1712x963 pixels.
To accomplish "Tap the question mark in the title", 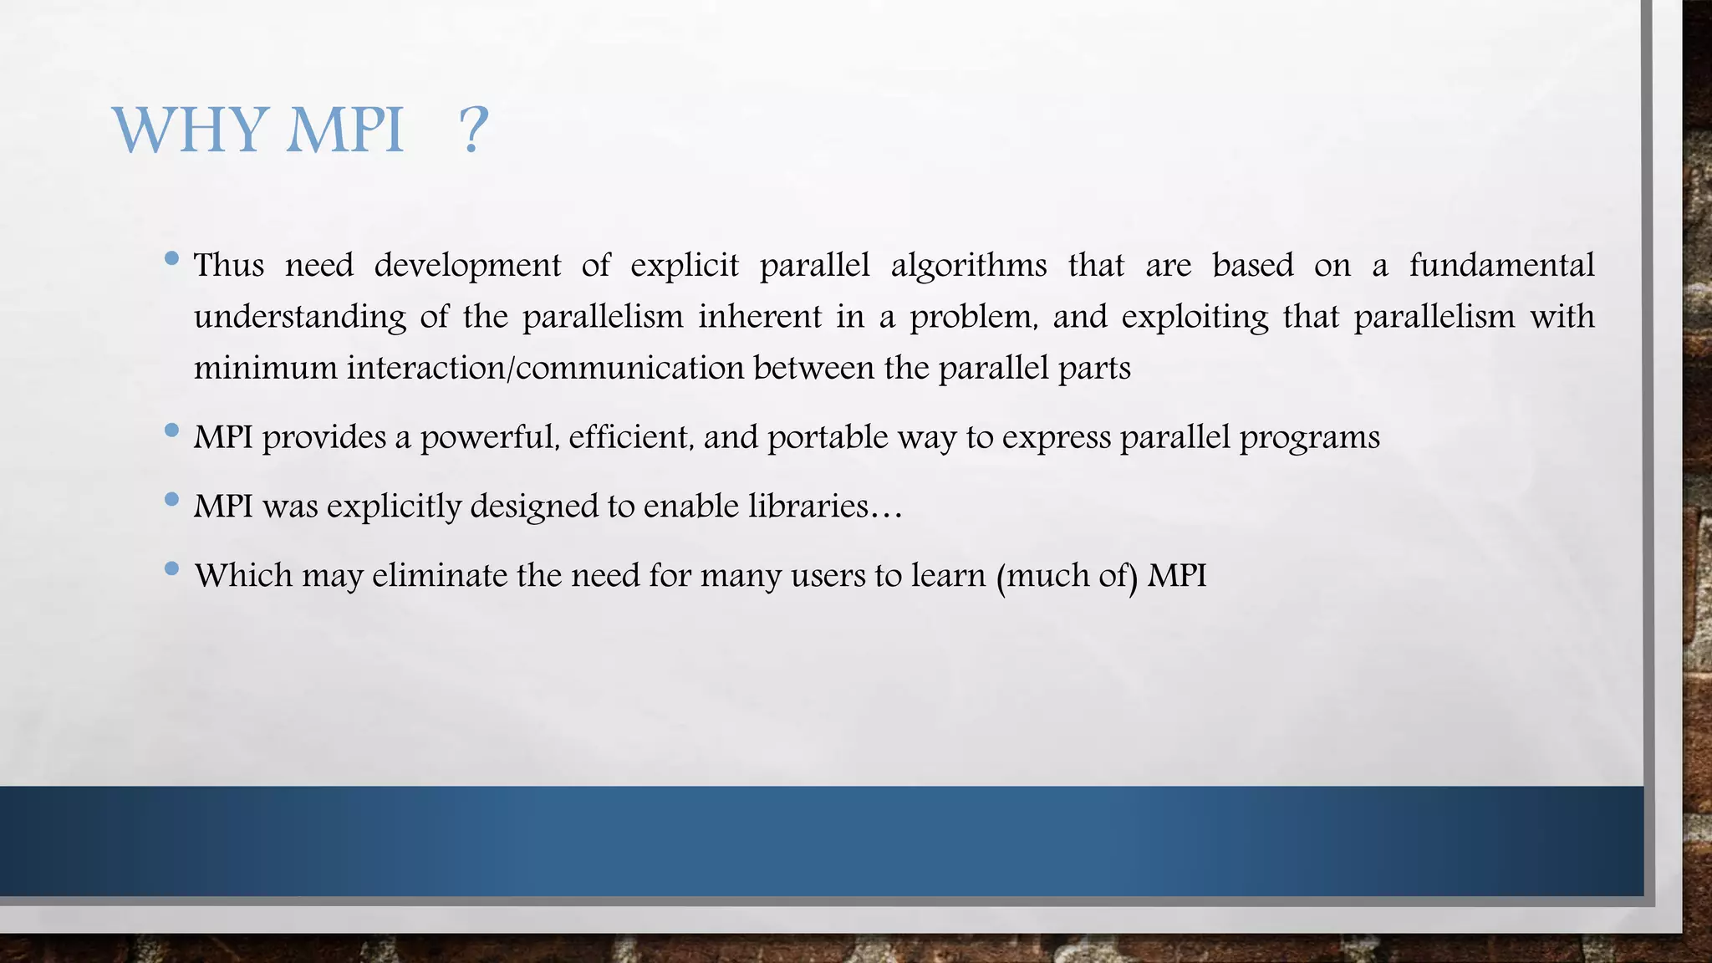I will pos(473,130).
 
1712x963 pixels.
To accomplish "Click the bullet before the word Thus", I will pos(172,259).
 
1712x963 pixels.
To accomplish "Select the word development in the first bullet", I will pos(467,266).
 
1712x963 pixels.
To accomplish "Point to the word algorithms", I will pos(969,266).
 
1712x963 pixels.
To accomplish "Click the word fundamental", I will pos(1501,266).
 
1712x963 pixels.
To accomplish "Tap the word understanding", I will pos(300,318).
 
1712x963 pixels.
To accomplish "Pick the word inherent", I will pos(760,318).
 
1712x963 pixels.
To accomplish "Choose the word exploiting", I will pos(1195,318).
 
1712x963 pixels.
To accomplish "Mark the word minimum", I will pos(265,369).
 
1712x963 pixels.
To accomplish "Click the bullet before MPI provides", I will pos(172,431).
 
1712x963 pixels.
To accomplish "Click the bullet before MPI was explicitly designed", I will pos(172,500).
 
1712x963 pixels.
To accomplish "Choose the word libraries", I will pos(815,507).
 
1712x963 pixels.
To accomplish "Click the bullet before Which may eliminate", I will pos(172,569).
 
